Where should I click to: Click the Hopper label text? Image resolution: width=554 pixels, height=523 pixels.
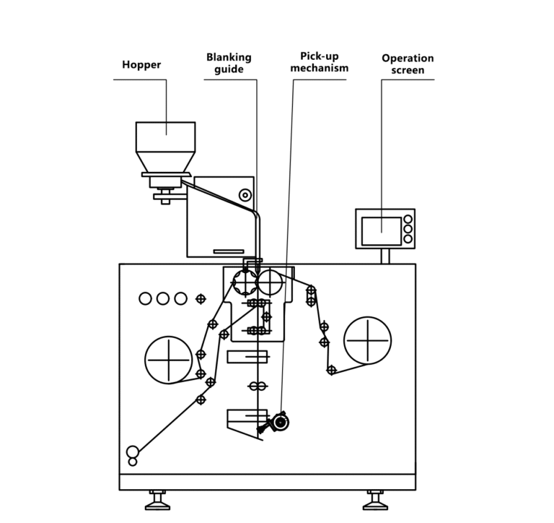[141, 65]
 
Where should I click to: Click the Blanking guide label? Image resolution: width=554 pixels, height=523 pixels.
[229, 63]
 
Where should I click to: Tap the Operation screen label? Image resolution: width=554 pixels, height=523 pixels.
[408, 64]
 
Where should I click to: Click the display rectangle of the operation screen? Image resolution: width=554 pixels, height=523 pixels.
[381, 230]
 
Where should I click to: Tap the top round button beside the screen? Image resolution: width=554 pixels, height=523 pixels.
[408, 220]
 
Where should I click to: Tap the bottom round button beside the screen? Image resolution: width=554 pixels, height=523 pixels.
[408, 238]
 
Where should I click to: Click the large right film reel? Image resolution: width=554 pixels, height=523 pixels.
[367, 340]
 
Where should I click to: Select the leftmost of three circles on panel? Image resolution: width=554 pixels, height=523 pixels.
[145, 298]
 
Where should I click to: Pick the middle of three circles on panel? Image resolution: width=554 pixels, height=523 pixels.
[163, 298]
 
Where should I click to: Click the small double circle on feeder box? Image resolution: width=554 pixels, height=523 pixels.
[245, 194]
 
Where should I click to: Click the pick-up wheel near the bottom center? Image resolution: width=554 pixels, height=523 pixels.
[278, 422]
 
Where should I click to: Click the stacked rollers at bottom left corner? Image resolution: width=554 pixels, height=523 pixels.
[133, 456]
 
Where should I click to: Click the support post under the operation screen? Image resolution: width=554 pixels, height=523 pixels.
[385, 256]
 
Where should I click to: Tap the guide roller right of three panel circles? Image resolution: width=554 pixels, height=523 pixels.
[201, 298]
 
